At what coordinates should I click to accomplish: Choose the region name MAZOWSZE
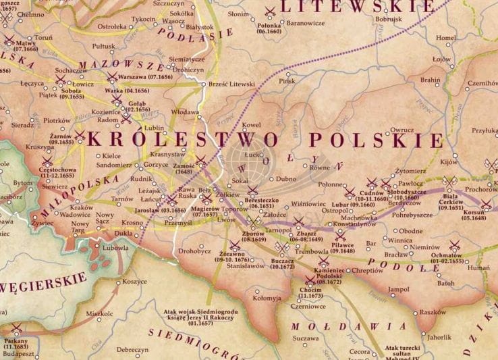(x=121, y=66)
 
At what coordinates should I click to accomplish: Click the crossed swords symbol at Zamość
(x=200, y=161)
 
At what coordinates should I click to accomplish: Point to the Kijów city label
(x=449, y=162)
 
